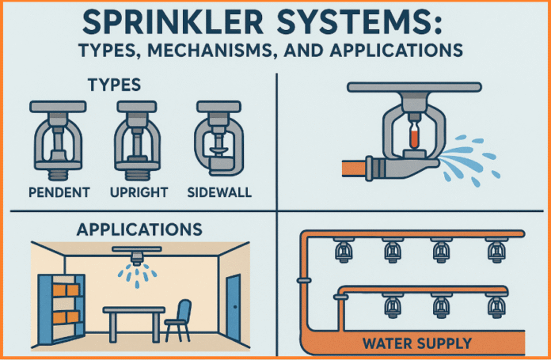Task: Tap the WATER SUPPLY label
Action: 418,343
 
